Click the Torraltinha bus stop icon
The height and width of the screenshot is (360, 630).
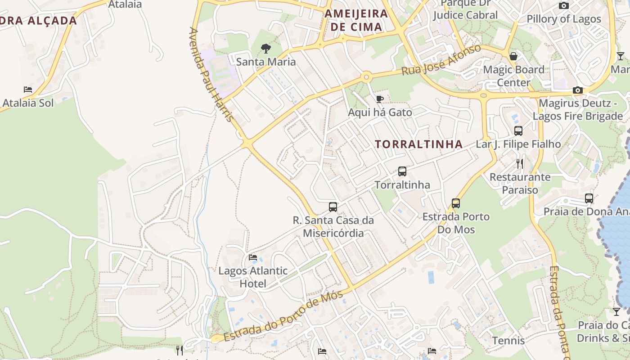pyautogui.click(x=402, y=171)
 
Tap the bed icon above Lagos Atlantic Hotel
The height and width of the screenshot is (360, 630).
pyautogui.click(x=253, y=257)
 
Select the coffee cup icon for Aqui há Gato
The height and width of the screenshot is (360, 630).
pyautogui.click(x=380, y=99)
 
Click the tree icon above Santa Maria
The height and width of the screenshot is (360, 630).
pyautogui.click(x=266, y=49)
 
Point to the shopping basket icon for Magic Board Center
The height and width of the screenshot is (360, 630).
pyautogui.click(x=513, y=56)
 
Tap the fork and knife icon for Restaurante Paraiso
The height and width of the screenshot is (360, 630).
pyautogui.click(x=520, y=163)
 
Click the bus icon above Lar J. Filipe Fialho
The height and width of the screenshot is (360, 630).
pyautogui.click(x=518, y=131)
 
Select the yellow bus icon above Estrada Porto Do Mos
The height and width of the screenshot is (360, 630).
pyautogui.click(x=456, y=203)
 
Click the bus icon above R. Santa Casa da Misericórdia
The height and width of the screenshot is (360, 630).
pyautogui.click(x=333, y=207)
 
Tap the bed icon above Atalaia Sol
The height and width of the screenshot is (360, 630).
pyautogui.click(x=28, y=90)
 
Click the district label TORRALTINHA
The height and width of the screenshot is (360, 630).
pyautogui.click(x=418, y=144)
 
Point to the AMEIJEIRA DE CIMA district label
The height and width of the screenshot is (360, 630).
pyautogui.click(x=356, y=20)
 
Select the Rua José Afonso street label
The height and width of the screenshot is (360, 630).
pyautogui.click(x=441, y=60)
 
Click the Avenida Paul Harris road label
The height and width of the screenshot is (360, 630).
pyautogui.click(x=211, y=74)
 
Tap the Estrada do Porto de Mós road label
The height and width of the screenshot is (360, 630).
pyautogui.click(x=283, y=316)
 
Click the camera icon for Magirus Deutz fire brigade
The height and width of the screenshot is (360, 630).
pyautogui.click(x=578, y=90)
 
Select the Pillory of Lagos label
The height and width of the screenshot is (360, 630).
pyautogui.click(x=564, y=19)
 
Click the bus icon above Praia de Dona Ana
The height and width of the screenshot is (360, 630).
pyautogui.click(x=589, y=198)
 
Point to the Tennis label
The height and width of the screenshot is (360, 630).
pyautogui.click(x=508, y=340)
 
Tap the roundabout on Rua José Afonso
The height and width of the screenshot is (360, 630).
pyautogui.click(x=366, y=77)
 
